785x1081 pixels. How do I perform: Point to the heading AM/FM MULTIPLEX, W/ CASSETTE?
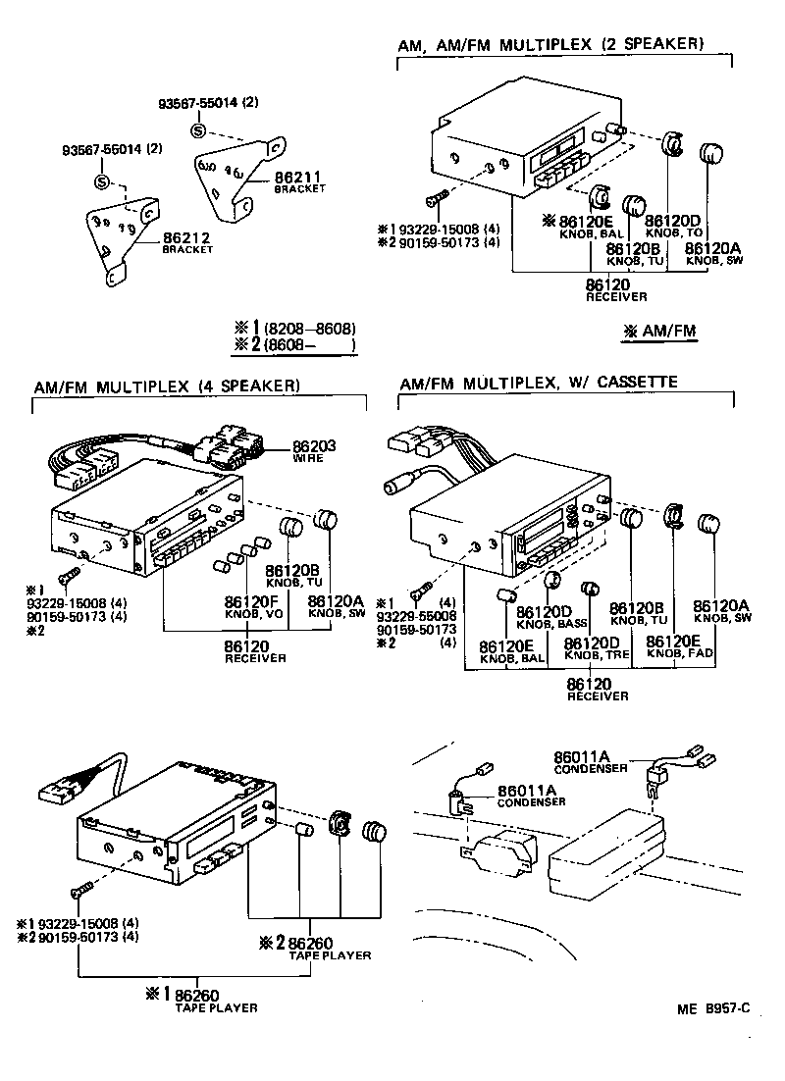coord(539,382)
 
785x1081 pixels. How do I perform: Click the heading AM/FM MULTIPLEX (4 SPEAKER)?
coord(167,386)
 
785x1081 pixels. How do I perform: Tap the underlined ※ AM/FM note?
coord(659,332)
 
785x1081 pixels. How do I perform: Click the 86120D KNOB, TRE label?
coord(597,647)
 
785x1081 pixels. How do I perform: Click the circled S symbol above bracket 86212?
coord(100,181)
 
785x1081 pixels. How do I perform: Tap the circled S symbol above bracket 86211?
coord(197,130)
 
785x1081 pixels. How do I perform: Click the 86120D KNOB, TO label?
coord(673,225)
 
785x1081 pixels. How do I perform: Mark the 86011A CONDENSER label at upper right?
coord(582,761)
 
